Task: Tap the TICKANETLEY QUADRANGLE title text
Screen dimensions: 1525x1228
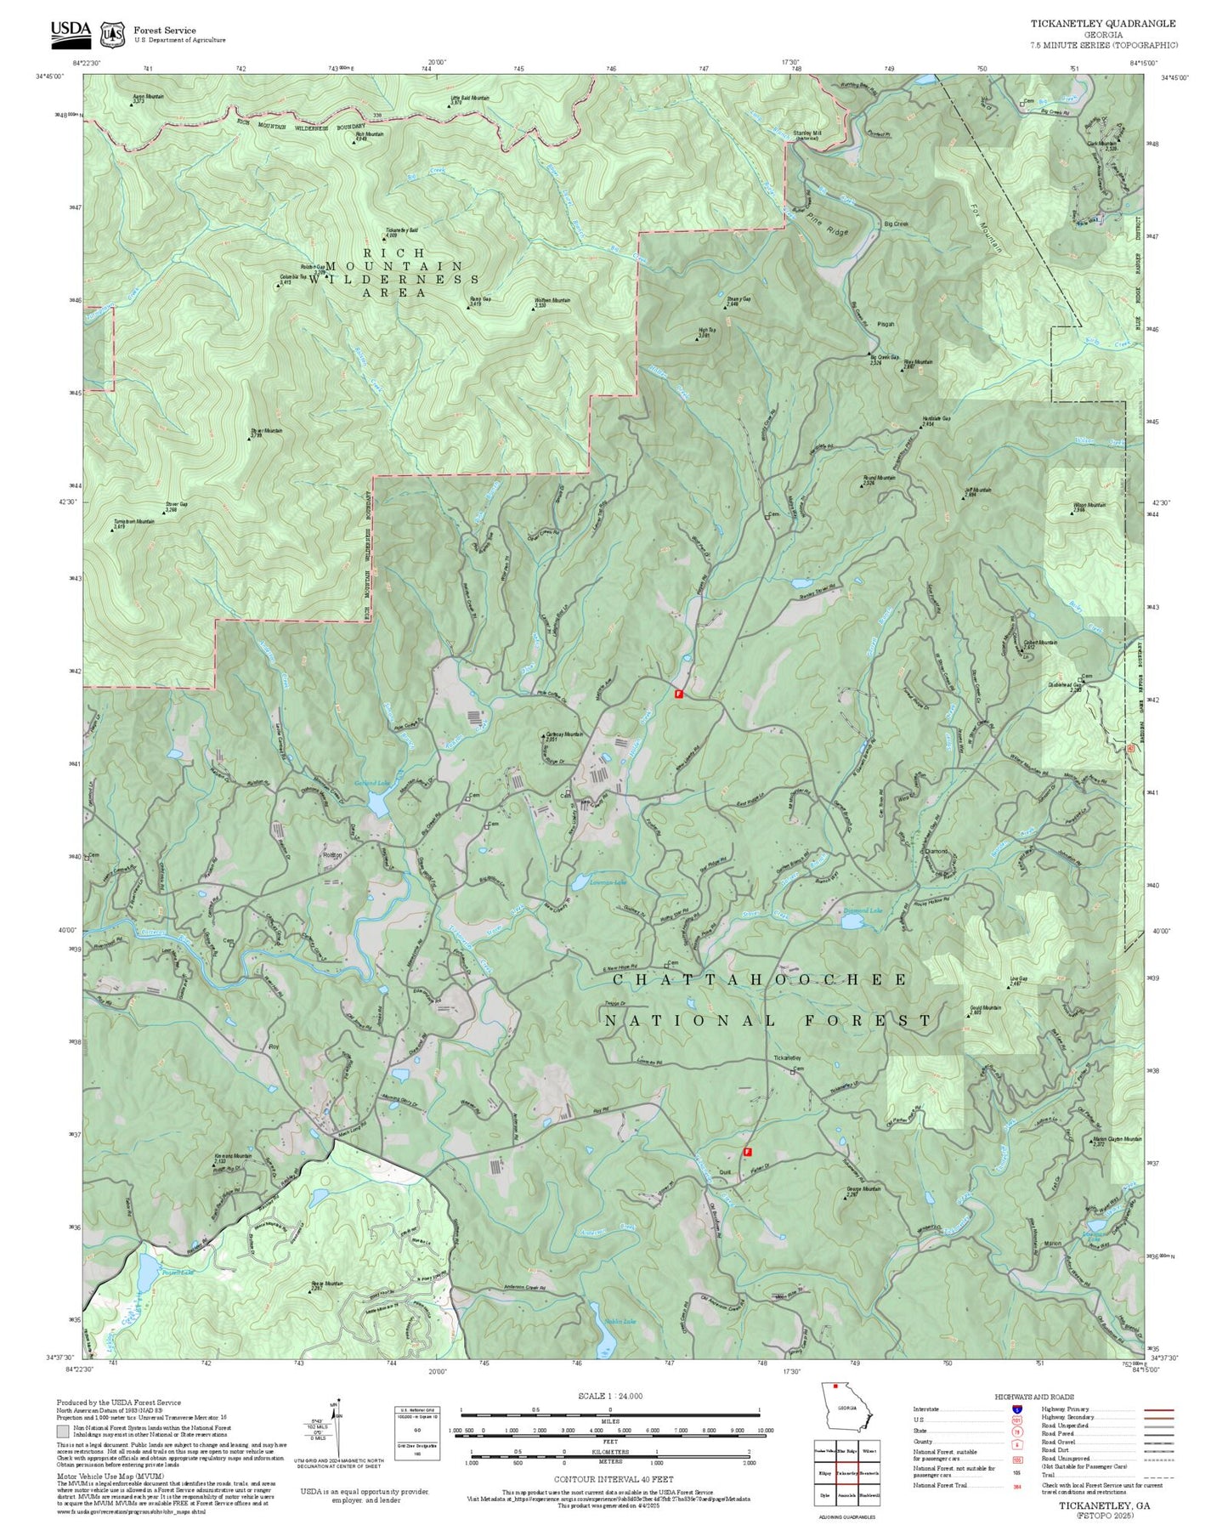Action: tap(1103, 24)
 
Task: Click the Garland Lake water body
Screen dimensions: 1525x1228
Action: tap(379, 800)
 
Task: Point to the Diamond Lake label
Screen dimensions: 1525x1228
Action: tap(862, 910)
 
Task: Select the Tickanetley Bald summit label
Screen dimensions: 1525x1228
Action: tap(402, 231)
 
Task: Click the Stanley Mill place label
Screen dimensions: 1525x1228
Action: tap(807, 133)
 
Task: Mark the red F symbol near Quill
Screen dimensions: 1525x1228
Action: tap(747, 1152)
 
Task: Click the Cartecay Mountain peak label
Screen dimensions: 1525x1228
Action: tap(563, 734)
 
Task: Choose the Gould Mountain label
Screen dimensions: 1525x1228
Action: tap(985, 1009)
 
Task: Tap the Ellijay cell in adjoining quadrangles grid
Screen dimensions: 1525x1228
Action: tap(824, 1473)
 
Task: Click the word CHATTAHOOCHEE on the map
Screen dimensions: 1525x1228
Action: tap(760, 980)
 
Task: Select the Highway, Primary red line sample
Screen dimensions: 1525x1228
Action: tap(1159, 1409)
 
